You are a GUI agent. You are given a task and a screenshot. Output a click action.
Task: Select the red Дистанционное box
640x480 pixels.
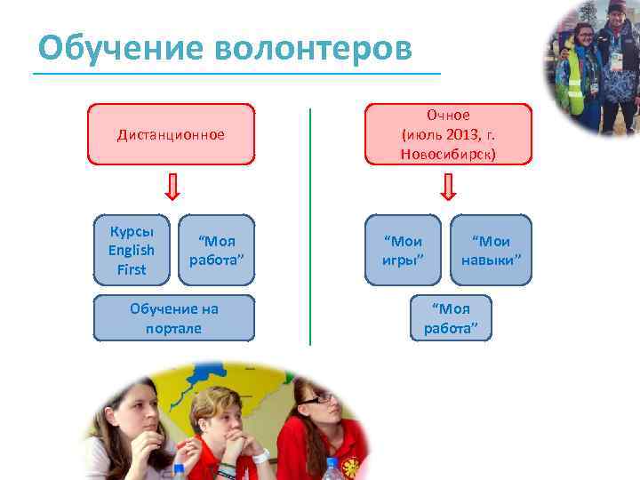[x=171, y=135]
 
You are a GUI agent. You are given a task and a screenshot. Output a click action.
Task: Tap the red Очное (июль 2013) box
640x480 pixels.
[x=448, y=134]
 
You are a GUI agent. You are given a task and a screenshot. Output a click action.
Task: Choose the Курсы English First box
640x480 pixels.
[x=132, y=250]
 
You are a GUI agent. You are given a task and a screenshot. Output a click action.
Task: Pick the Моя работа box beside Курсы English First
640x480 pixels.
[x=216, y=250]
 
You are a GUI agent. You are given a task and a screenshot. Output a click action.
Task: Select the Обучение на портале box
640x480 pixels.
[x=173, y=318]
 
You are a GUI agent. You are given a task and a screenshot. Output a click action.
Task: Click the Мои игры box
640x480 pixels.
[x=403, y=250]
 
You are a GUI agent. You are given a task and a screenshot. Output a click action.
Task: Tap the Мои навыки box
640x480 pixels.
[x=491, y=250]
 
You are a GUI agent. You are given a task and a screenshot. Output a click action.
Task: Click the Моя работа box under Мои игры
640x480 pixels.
[x=451, y=318]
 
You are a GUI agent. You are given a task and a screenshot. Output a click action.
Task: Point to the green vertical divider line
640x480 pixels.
[x=310, y=227]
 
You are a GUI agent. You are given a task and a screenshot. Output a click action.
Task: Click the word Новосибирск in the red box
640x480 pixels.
[x=448, y=153]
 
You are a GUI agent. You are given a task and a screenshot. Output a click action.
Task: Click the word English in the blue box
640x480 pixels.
[x=132, y=250]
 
